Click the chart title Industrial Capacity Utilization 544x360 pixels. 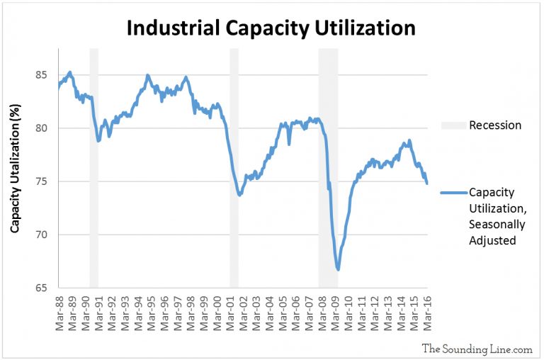tap(271, 28)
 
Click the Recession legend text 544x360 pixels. tap(495, 125)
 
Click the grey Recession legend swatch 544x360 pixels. tap(452, 125)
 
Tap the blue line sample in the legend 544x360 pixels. tap(452, 193)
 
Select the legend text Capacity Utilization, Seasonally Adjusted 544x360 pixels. tap(495, 216)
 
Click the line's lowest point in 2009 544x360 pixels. tap(339, 269)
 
